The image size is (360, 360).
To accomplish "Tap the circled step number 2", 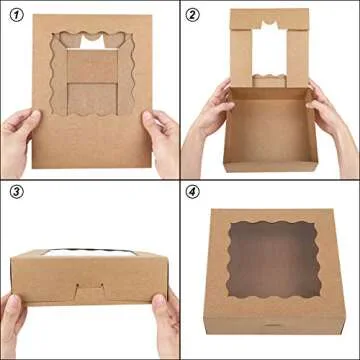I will click(x=194, y=13).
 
